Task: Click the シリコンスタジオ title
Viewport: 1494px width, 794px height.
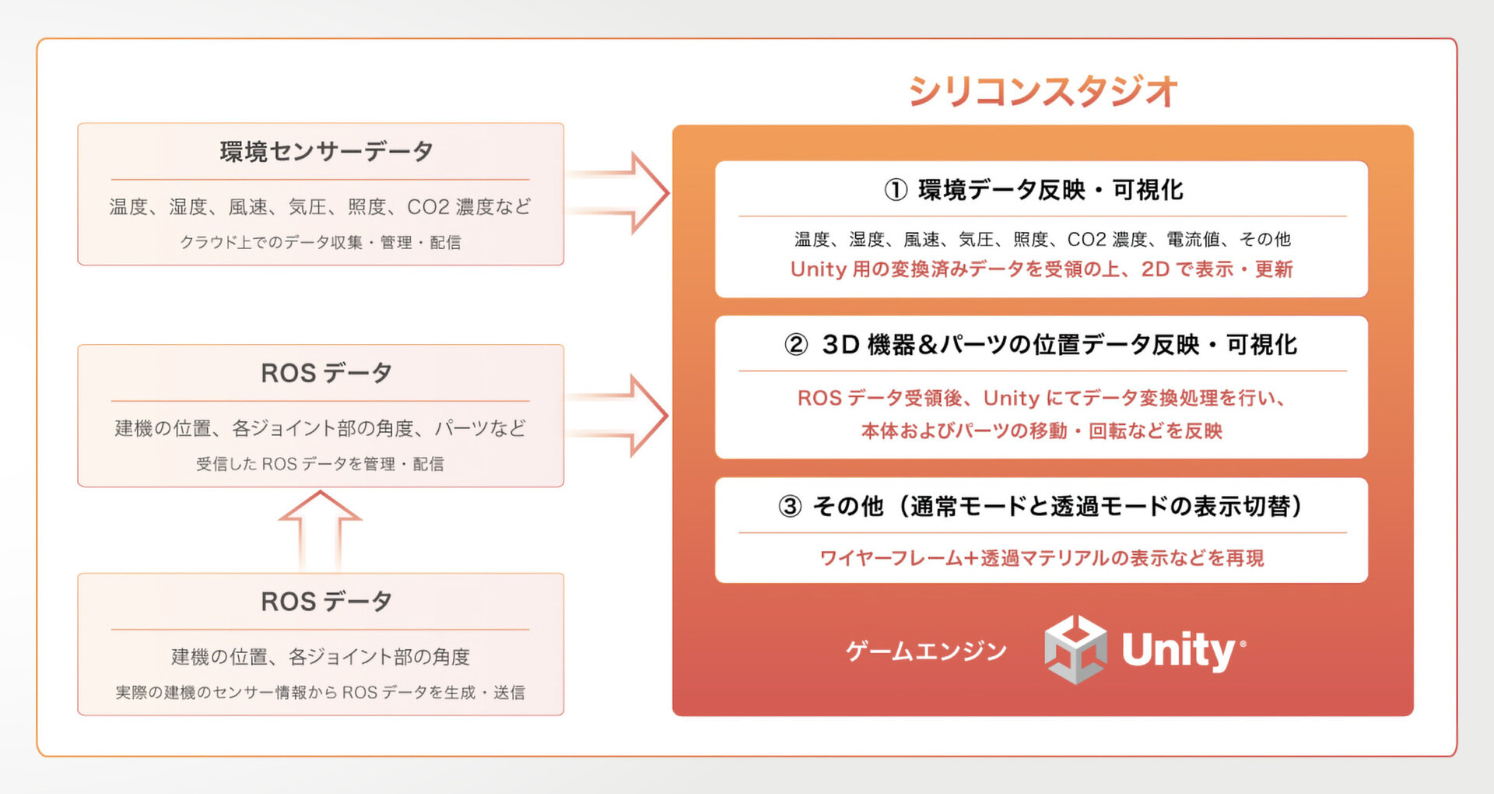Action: (x=1043, y=91)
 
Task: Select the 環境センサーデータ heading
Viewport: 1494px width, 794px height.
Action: (x=326, y=151)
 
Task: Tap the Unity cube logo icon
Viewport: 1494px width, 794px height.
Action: (x=1075, y=649)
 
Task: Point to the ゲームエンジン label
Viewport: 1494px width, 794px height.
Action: (x=926, y=651)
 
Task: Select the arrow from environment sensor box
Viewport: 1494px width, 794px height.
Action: (x=617, y=193)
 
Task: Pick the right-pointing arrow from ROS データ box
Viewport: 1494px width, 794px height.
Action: (x=617, y=416)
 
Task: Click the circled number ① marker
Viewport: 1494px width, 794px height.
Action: (x=896, y=189)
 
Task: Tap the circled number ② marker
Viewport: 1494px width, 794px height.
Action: (x=796, y=344)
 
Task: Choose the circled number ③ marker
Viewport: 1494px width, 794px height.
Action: (x=790, y=506)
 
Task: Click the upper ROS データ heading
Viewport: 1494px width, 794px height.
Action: (x=326, y=373)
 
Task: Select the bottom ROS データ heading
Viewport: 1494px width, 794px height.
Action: (x=326, y=601)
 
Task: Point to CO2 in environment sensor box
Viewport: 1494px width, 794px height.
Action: (x=428, y=207)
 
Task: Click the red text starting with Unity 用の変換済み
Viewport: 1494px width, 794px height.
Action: (x=1041, y=269)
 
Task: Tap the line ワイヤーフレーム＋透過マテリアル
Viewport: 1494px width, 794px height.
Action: (x=1042, y=558)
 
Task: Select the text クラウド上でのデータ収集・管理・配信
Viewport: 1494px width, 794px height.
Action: (x=321, y=242)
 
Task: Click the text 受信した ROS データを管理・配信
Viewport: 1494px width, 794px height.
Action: (x=320, y=464)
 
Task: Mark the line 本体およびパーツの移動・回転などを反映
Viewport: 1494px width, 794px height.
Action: (x=1042, y=430)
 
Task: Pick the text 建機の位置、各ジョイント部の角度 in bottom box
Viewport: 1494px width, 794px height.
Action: (x=321, y=657)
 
